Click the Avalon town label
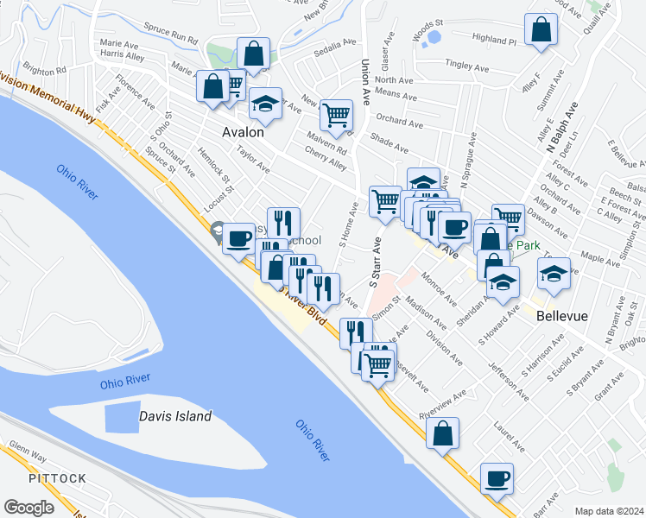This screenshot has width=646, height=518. (x=243, y=134)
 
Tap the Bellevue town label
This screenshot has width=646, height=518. (x=561, y=316)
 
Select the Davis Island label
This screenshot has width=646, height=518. (x=175, y=416)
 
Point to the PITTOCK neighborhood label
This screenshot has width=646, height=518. (x=57, y=477)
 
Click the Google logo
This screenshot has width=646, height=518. (x=28, y=508)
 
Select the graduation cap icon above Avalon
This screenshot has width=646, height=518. (x=266, y=104)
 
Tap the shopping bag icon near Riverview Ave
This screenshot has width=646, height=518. (x=442, y=435)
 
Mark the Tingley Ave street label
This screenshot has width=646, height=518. (x=466, y=64)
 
